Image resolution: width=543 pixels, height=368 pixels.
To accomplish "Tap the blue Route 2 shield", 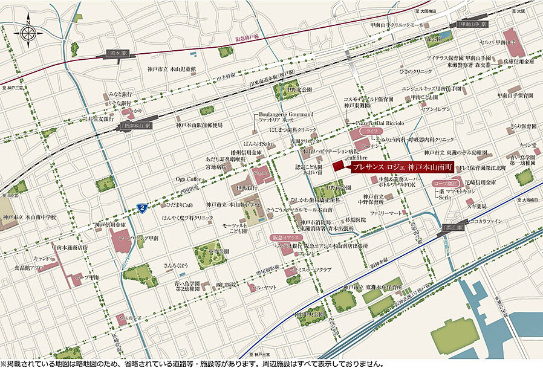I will (x=141, y=208).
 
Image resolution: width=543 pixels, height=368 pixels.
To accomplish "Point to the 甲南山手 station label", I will (x=472, y=25).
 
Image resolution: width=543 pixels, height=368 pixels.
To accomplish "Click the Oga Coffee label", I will (x=188, y=179).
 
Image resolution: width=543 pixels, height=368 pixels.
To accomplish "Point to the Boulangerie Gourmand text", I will (x=286, y=114).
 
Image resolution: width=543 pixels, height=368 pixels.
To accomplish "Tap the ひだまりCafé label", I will (x=176, y=205).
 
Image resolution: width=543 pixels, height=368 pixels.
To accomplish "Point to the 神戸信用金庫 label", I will (x=111, y=225).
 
